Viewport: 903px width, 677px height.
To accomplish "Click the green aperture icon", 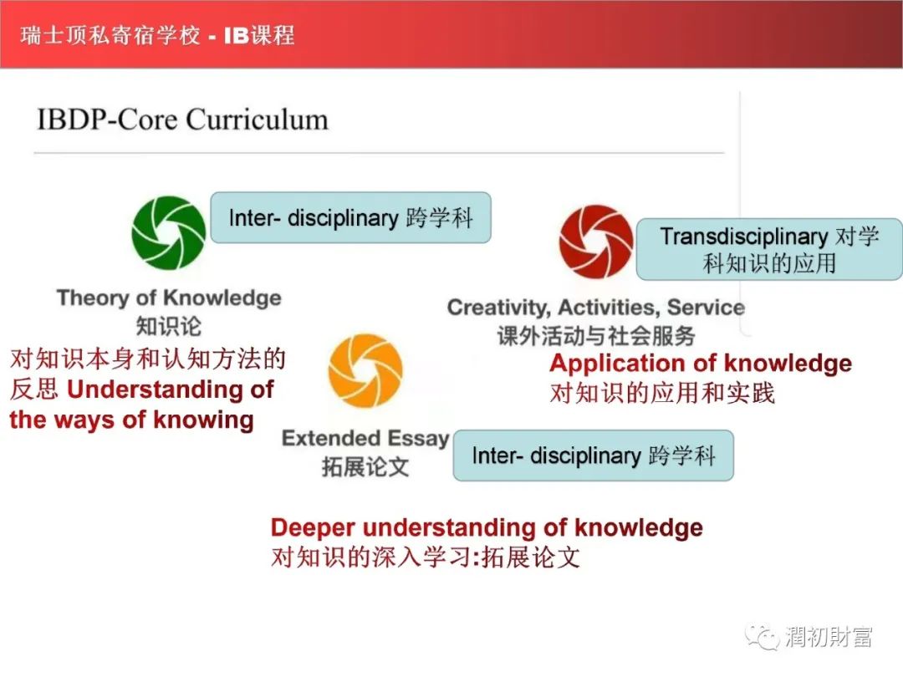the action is (x=168, y=232).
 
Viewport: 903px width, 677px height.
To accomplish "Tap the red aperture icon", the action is (x=596, y=242).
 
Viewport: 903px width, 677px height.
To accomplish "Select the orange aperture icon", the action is (x=365, y=370).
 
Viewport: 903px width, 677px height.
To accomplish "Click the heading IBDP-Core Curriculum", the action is (x=182, y=120).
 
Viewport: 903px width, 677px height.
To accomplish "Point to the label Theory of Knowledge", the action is (x=169, y=298).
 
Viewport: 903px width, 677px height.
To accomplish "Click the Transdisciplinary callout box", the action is (x=769, y=249).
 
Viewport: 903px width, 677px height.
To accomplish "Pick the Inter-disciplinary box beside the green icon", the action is (x=350, y=217).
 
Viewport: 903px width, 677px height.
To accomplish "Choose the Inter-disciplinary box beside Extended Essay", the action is (x=593, y=456).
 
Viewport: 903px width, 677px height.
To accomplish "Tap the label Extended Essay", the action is (x=365, y=439).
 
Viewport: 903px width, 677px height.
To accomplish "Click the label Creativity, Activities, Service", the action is (x=596, y=308).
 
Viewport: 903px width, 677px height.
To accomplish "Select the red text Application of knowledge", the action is (x=701, y=364).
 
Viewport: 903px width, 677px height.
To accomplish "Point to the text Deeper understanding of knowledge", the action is (x=487, y=527).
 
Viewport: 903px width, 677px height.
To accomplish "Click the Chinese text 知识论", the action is (x=169, y=327).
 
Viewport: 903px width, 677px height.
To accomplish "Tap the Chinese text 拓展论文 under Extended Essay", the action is (x=365, y=467).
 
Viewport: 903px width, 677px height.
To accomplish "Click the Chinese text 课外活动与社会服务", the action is (x=596, y=336).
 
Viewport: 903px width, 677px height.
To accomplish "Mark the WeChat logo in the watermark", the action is (x=762, y=637).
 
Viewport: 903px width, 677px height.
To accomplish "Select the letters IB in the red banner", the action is (x=236, y=36).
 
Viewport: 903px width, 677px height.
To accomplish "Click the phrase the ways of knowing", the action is (x=131, y=420).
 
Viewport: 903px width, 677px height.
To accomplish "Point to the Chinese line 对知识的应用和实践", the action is (x=662, y=393).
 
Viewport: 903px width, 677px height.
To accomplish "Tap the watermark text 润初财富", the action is (x=828, y=637).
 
